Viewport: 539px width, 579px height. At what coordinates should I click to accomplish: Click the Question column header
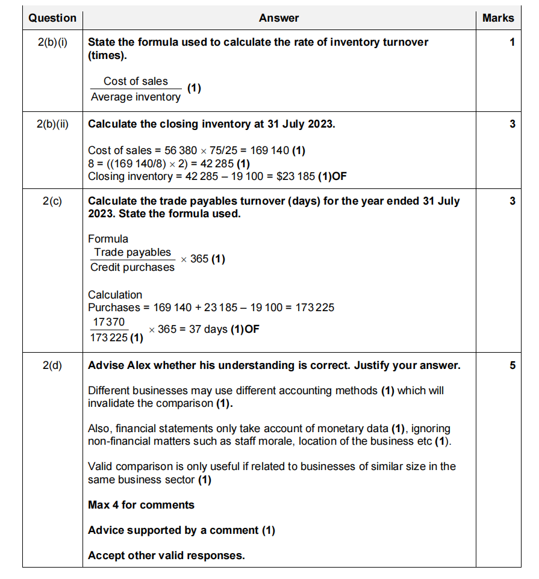coord(52,18)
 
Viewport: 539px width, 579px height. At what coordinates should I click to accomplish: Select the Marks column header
coord(498,18)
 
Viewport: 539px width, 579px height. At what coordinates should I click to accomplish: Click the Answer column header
coord(279,18)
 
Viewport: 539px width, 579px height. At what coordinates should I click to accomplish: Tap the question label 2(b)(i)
coord(52,42)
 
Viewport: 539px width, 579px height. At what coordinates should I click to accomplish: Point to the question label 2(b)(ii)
coord(52,125)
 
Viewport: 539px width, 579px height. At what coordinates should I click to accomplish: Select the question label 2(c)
coord(52,201)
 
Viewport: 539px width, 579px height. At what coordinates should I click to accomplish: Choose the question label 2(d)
coord(52,365)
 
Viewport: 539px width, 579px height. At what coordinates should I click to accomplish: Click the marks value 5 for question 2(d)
coord(512,365)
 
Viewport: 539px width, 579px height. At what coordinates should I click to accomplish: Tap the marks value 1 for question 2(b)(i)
coord(512,42)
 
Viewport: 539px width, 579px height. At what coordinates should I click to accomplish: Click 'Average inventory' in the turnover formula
coord(136,97)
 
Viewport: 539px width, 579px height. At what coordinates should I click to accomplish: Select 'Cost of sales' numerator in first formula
coord(136,81)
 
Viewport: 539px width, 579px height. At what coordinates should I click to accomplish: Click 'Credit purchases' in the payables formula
coord(132,267)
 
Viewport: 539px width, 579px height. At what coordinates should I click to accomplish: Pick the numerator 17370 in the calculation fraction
coord(109,323)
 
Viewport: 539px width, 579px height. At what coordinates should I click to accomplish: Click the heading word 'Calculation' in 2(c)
coord(115,295)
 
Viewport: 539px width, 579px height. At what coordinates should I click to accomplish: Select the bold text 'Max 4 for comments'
coord(141,505)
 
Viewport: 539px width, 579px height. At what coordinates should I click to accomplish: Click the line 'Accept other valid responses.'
coord(166,556)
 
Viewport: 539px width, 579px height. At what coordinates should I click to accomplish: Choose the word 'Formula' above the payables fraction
coord(108,239)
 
